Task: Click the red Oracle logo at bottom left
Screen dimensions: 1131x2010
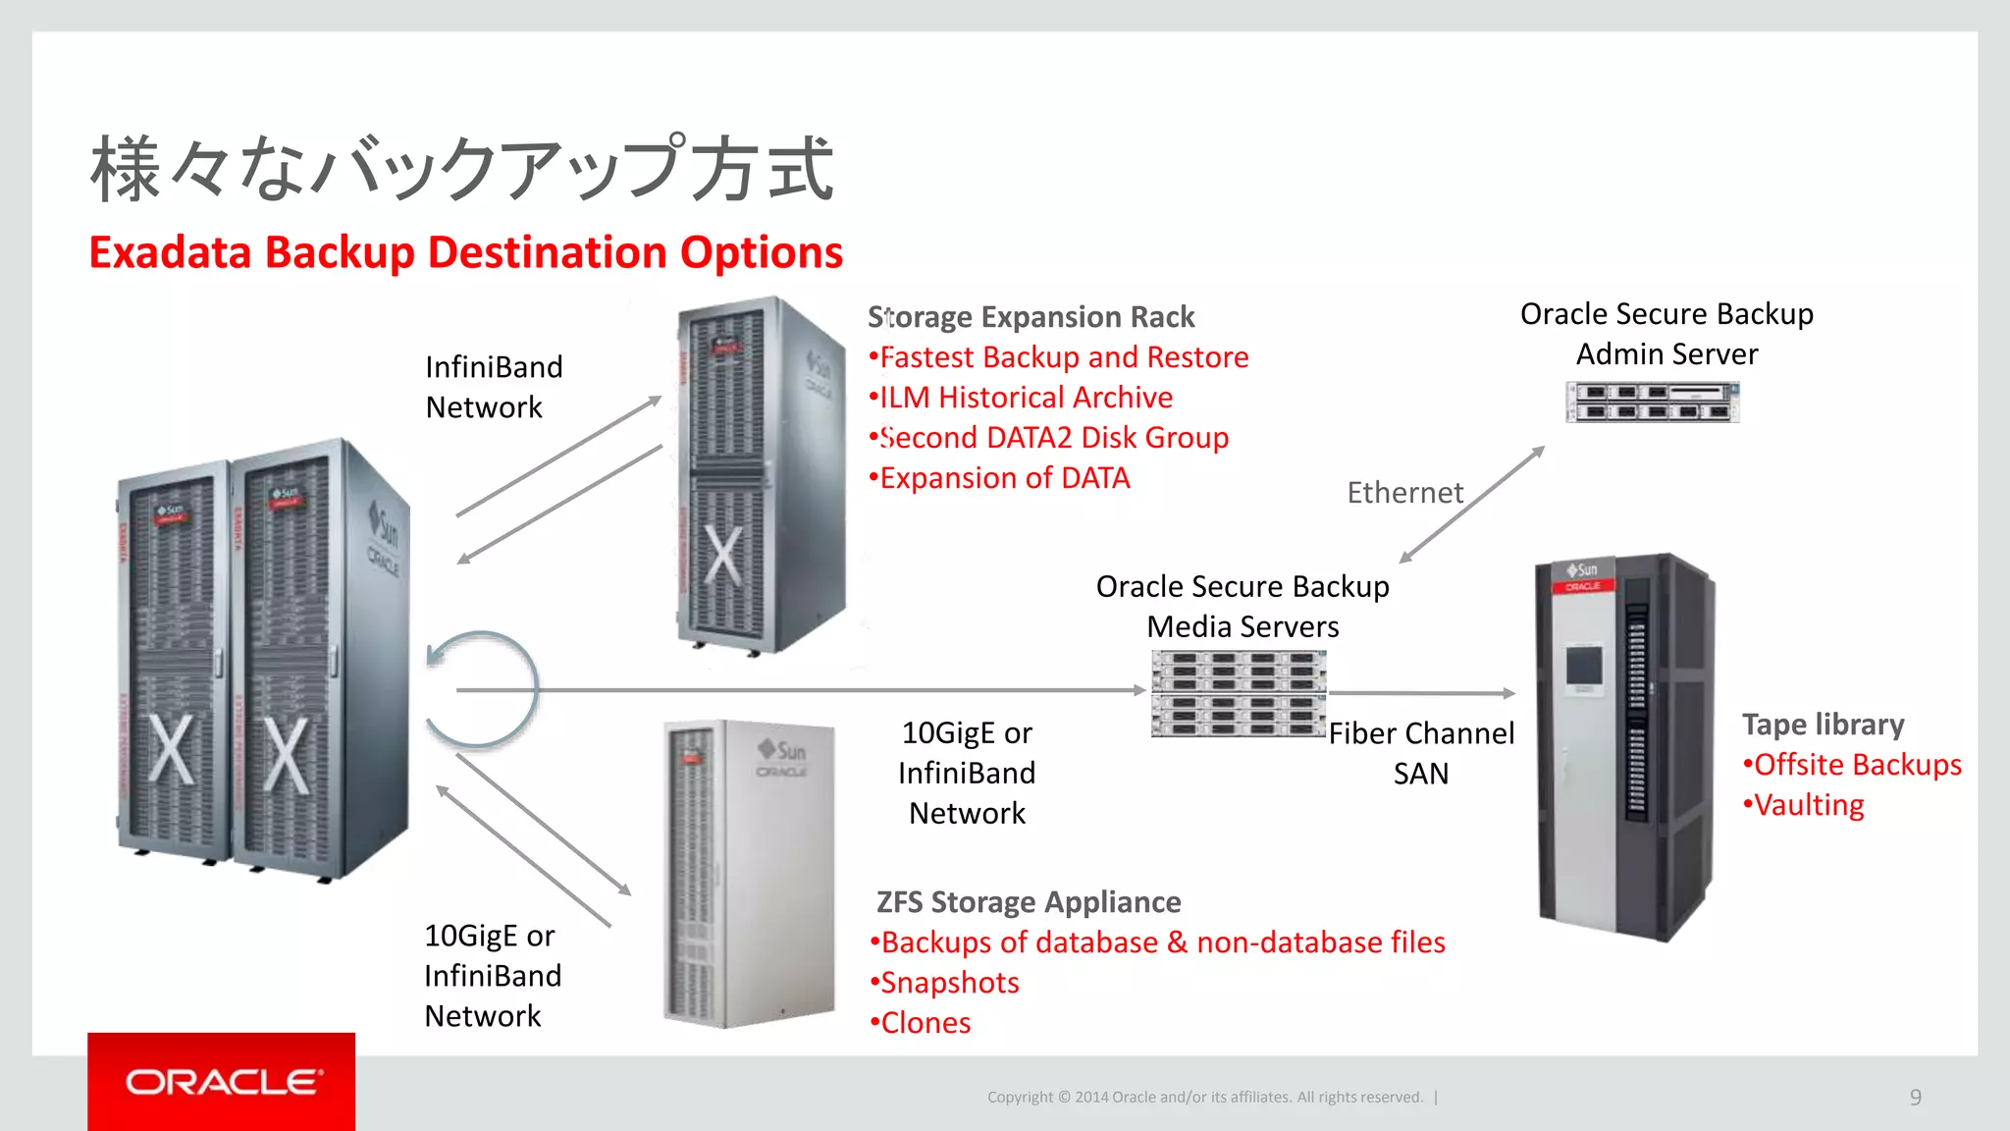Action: (x=222, y=1081)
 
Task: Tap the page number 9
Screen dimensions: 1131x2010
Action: (x=1915, y=1097)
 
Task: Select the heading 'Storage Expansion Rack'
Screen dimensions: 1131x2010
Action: (x=1031, y=317)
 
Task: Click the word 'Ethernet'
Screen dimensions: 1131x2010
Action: (x=1404, y=492)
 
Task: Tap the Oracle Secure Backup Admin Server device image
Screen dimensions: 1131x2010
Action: (x=1652, y=402)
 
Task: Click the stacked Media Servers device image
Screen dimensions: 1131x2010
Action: (x=1239, y=693)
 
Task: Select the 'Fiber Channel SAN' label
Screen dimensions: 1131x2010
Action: (x=1421, y=753)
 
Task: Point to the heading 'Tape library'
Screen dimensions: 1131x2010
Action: (x=1823, y=725)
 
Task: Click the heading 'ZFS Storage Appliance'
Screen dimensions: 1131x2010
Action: (x=1029, y=902)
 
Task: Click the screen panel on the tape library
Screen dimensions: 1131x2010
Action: (x=1583, y=666)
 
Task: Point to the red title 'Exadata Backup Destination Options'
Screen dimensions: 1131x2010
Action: (x=466, y=252)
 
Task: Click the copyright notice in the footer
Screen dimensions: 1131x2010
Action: (x=1205, y=1097)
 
